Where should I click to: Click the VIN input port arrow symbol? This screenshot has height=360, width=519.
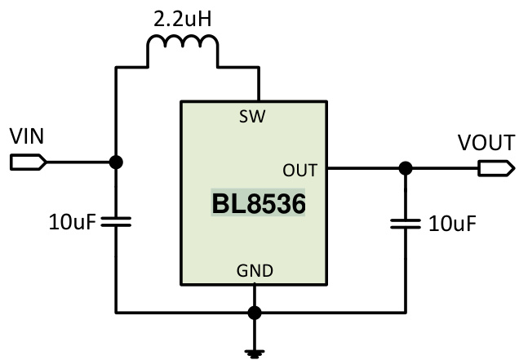point(27,162)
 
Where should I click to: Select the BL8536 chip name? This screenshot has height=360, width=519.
point(259,204)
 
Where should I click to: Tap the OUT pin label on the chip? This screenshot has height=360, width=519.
point(299,170)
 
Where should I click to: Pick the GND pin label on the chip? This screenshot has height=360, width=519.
point(255,270)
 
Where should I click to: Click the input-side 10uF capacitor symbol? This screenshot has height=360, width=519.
point(117,221)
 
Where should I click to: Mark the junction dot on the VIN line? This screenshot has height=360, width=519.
point(117,162)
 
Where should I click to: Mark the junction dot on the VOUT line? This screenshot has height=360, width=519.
point(405,169)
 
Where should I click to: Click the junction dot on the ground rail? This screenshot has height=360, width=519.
point(255,312)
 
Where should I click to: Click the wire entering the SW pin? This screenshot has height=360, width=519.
point(259,86)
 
